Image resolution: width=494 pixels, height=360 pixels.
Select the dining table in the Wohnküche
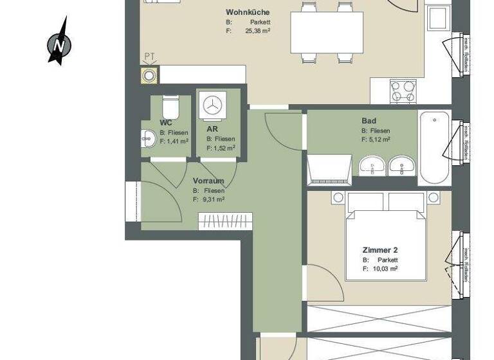tap(327, 33)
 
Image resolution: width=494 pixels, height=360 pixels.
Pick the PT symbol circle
tap(149, 76)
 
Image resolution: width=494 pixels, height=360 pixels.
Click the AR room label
tap(212, 129)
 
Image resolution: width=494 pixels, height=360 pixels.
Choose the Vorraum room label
tap(208, 181)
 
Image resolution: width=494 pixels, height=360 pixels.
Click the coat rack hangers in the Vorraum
tap(225, 222)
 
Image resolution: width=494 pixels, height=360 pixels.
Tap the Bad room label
tap(369, 121)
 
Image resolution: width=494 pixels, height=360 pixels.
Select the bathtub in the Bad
tap(434, 148)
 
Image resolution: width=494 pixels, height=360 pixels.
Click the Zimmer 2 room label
tap(381, 249)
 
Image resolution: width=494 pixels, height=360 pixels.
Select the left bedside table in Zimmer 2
tap(338, 197)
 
